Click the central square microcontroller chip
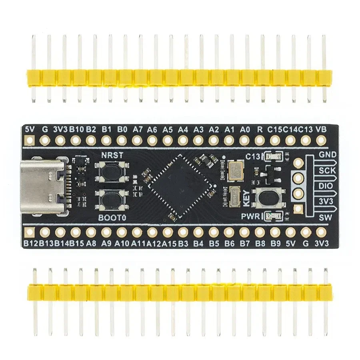point(180,186)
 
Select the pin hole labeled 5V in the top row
point(29,140)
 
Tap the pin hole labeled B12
point(29,232)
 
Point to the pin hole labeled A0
point(244,140)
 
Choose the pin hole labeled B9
point(275,232)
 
